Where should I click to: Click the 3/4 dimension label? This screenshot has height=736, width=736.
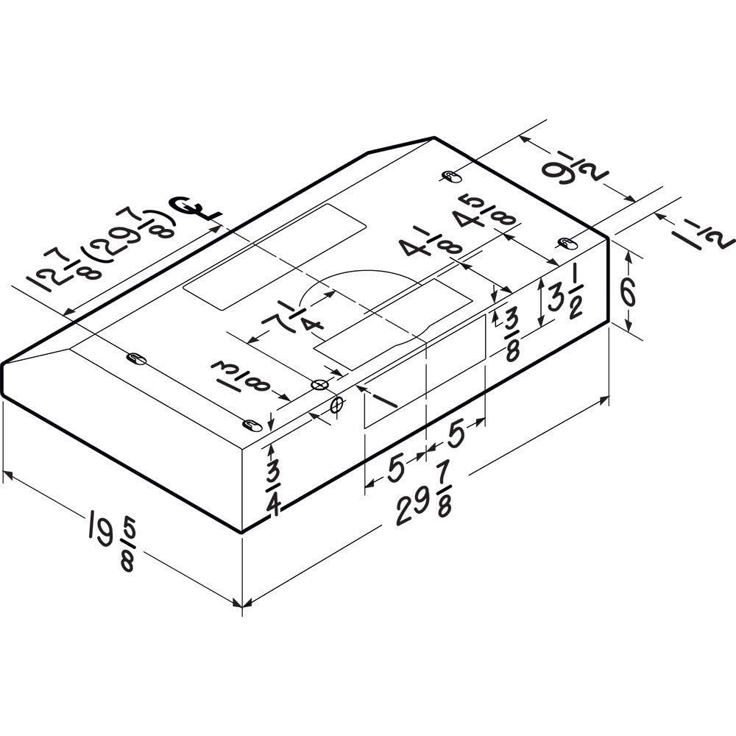[x=273, y=489]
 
